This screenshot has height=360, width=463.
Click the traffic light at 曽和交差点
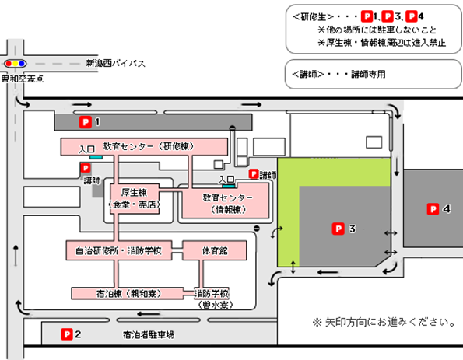pos(15,64)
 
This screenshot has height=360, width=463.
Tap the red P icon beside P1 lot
pos(86,122)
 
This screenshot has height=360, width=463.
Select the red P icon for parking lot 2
pos(67,334)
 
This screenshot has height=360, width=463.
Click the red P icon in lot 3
pos(338,229)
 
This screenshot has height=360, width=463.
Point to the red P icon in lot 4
pos(433,209)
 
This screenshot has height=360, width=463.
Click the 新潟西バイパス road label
pos(115,63)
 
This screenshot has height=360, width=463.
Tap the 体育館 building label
pos(215,251)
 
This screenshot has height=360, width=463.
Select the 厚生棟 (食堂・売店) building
pos(135,198)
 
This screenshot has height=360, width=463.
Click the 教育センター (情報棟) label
pos(228,203)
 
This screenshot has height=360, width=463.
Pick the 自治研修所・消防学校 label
pos(118,251)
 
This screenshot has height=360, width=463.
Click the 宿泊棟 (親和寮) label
pos(128,294)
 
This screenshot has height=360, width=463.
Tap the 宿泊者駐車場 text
pos(149,334)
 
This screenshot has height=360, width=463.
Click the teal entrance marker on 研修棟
pos(96,157)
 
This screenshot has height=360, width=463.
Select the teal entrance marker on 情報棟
pos(229,186)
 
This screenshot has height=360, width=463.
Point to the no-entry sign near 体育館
pos(257,229)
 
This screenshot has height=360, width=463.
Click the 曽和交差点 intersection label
pos(23,79)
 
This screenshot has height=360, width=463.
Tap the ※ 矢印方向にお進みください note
pos(384,322)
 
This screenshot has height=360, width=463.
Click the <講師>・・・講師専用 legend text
pos(338,74)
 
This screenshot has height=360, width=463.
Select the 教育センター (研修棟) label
pos(149,146)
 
